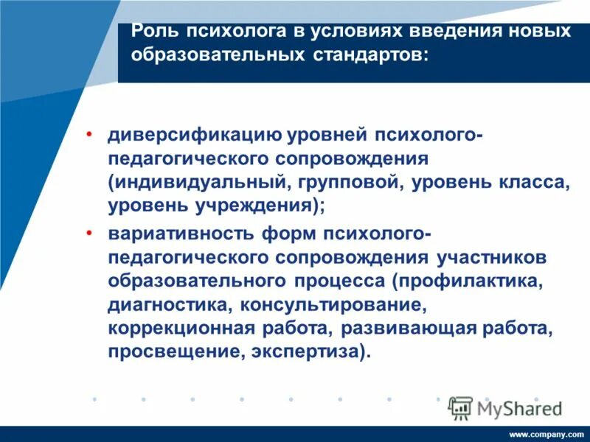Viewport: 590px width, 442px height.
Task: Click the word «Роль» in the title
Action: point(153,32)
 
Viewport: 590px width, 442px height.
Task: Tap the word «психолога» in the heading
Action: point(224,32)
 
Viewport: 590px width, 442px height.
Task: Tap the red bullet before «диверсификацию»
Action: point(89,135)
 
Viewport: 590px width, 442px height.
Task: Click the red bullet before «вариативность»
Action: point(89,233)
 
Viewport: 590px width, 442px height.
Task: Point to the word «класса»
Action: point(529,183)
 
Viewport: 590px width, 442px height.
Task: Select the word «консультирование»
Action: point(335,304)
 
